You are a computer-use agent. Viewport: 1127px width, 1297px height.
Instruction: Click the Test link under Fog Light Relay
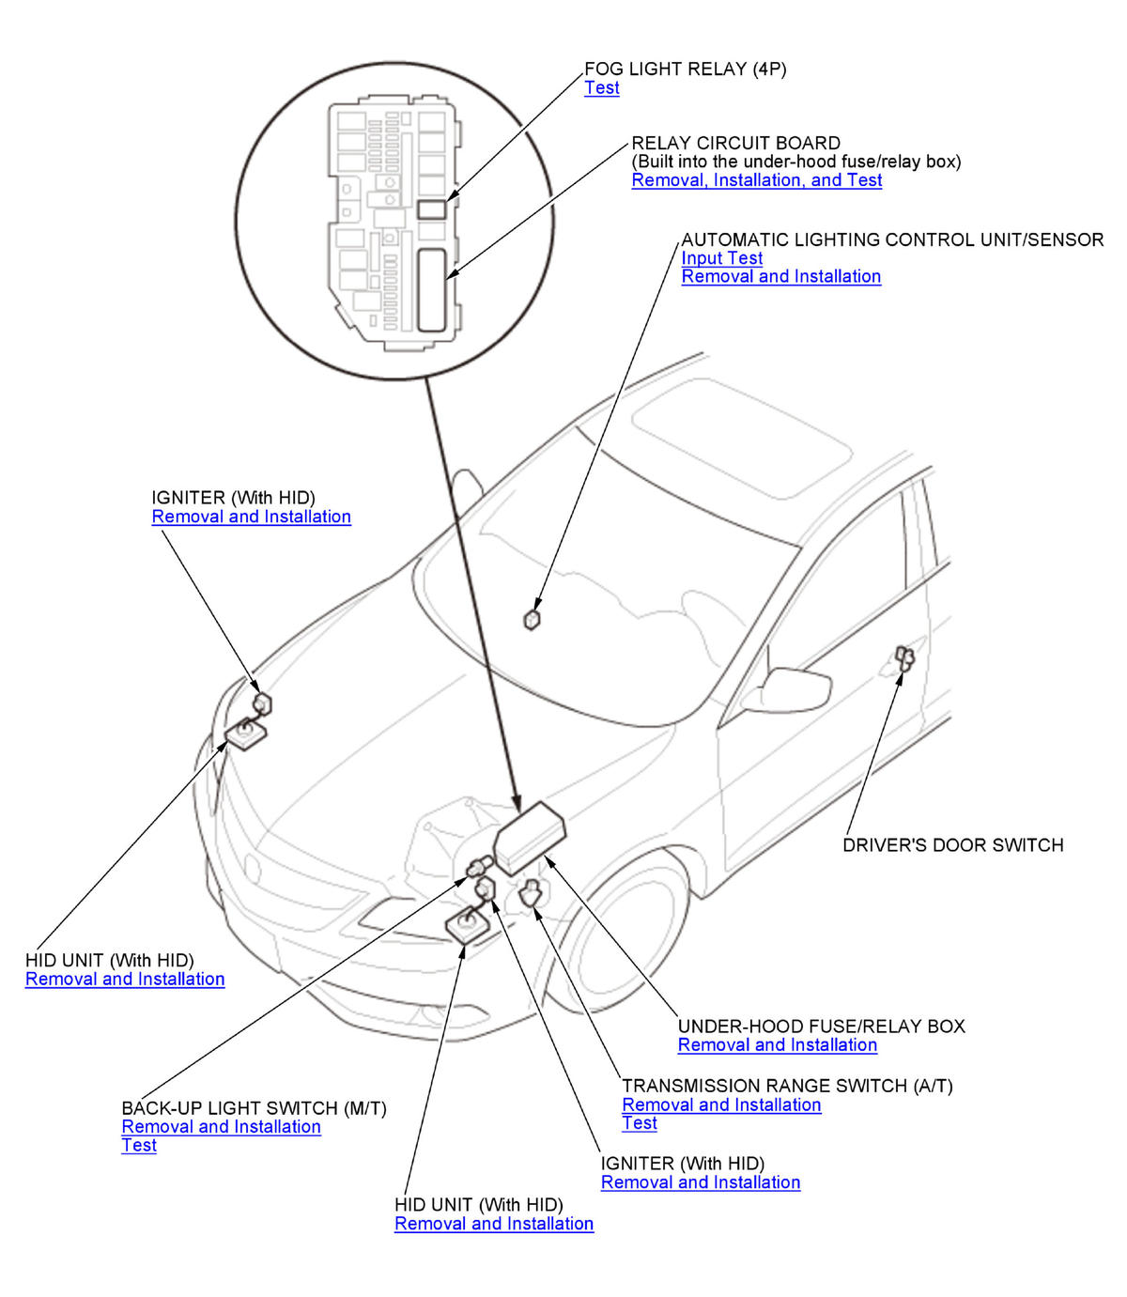point(601,87)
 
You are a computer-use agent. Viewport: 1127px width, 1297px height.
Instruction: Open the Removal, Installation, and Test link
point(756,180)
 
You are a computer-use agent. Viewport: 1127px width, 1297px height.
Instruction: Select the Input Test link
point(721,258)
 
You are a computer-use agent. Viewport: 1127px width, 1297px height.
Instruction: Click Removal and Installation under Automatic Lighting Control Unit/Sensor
point(780,276)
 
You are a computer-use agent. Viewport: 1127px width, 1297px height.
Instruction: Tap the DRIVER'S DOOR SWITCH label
point(952,845)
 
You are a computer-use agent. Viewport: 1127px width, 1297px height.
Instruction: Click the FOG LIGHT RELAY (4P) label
point(685,69)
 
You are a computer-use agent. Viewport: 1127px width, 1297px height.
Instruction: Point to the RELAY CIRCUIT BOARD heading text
point(736,144)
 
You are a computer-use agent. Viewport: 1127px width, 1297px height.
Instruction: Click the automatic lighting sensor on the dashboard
point(532,619)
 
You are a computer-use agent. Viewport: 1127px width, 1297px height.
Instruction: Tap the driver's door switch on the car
point(904,658)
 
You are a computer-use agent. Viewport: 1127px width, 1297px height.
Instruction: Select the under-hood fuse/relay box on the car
point(529,838)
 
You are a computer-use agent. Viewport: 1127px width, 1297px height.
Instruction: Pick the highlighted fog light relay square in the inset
point(432,209)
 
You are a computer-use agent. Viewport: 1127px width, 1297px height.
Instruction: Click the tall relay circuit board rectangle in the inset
point(432,290)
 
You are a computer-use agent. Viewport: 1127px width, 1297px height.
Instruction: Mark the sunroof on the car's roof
point(742,438)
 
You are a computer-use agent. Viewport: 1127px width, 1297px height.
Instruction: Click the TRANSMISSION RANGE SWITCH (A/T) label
point(787,1086)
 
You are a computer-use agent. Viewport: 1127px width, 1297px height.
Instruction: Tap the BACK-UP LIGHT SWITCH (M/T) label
point(254,1108)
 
